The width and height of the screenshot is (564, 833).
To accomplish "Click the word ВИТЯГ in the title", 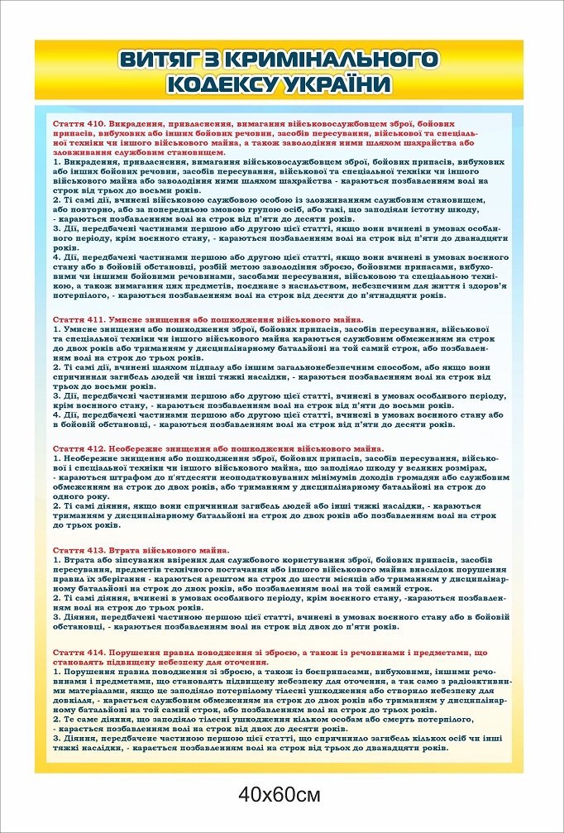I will click(x=158, y=60).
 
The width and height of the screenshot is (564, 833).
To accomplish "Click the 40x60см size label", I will click(x=280, y=796).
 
